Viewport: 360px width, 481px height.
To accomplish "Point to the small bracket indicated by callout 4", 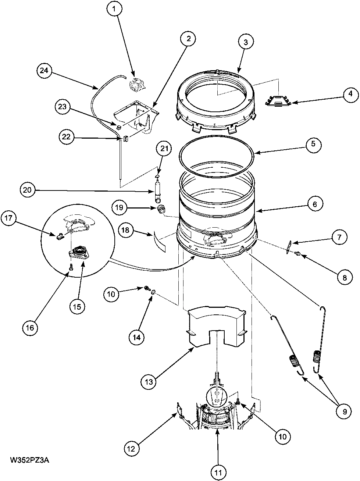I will tap(278, 100).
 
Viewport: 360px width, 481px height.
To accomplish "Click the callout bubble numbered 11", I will tap(218, 471).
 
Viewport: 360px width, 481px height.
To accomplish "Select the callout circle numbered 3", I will tap(246, 42).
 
